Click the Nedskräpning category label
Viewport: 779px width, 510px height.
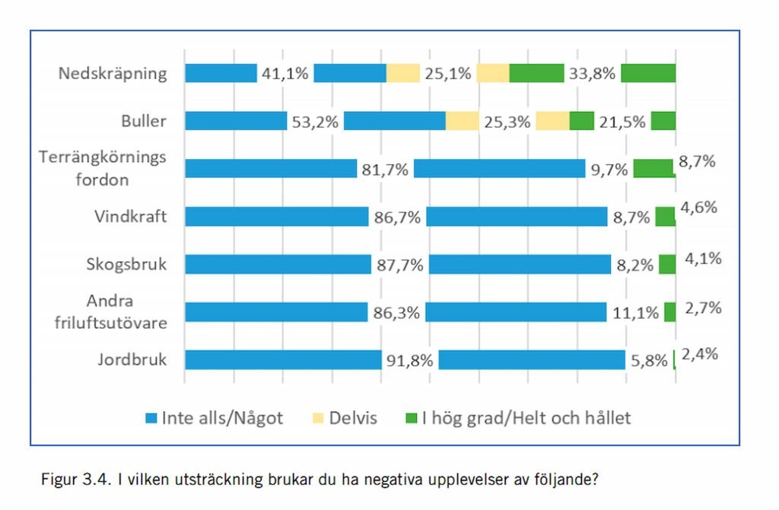113,74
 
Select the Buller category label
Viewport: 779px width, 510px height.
143,121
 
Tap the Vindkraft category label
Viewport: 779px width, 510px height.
130,217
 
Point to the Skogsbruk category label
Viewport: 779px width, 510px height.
126,264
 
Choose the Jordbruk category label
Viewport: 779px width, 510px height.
132,359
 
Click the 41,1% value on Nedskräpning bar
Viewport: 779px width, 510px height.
285,74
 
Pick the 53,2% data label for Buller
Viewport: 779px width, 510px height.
315,121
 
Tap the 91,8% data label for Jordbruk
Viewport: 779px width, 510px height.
409,360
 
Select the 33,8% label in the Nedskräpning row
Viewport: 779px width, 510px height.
592,74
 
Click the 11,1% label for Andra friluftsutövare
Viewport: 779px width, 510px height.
634,312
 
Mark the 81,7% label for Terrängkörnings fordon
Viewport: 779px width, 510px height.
385,169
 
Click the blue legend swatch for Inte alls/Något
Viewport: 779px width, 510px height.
151,418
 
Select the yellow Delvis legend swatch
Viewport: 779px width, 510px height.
317,418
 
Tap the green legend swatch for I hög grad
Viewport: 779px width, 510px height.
412,418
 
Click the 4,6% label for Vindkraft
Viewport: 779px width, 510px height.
701,208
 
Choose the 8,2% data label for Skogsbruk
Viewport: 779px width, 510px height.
634,265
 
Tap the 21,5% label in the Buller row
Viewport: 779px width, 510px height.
622,121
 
